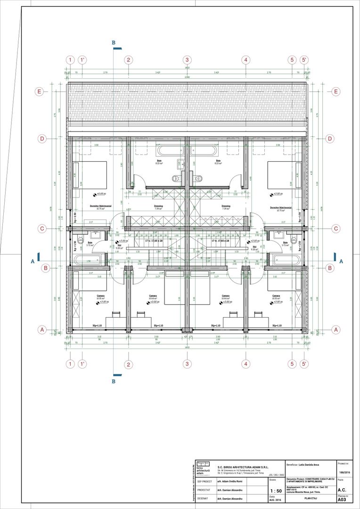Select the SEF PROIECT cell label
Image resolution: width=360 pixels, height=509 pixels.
pyautogui.click(x=205, y=482)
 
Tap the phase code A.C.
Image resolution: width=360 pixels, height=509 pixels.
pyautogui.click(x=342, y=490)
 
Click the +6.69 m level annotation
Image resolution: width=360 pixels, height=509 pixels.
pyautogui.click(x=100, y=194)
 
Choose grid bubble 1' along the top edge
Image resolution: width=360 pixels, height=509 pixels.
pyautogui.click(x=82, y=60)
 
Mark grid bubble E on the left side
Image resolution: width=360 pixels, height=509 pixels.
pyautogui.click(x=42, y=91)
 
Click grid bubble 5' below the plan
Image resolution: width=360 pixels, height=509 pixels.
pyautogui.click(x=304, y=364)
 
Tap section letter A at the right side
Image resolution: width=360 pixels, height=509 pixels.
pyautogui.click(x=341, y=260)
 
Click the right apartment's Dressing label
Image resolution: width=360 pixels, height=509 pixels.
pyautogui.click(x=226, y=206)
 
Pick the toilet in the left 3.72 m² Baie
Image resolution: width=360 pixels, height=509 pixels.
pyautogui.click(x=80, y=239)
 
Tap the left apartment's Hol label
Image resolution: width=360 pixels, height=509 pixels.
pyautogui.click(x=120, y=246)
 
